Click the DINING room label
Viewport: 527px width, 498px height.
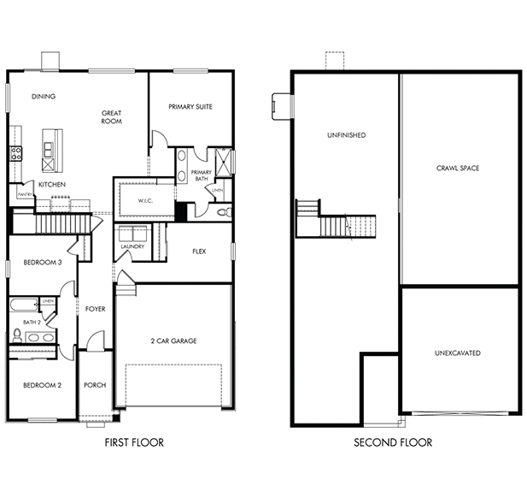point(44,97)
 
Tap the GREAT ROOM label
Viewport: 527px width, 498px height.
point(112,117)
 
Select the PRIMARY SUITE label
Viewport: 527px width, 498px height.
point(190,107)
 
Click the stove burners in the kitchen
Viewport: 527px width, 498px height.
point(15,153)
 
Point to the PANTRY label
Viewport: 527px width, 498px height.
point(25,194)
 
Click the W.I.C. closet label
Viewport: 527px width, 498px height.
point(145,201)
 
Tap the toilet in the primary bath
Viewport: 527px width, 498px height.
point(225,212)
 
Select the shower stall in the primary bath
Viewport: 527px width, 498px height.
point(224,163)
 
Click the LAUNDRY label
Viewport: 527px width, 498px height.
point(132,246)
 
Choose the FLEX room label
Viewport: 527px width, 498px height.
point(199,252)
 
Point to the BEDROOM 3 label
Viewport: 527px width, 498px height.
point(43,263)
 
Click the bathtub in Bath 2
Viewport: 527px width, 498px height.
point(24,305)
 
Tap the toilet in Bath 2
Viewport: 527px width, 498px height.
point(17,335)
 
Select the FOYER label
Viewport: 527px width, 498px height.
point(95,309)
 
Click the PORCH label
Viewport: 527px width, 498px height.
point(95,385)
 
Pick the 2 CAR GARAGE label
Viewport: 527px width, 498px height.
point(173,341)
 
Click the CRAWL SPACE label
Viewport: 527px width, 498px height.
point(458,168)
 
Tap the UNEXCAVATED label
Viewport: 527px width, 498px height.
point(458,353)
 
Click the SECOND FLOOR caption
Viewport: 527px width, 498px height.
point(393,442)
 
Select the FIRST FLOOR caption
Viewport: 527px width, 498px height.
point(134,442)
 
